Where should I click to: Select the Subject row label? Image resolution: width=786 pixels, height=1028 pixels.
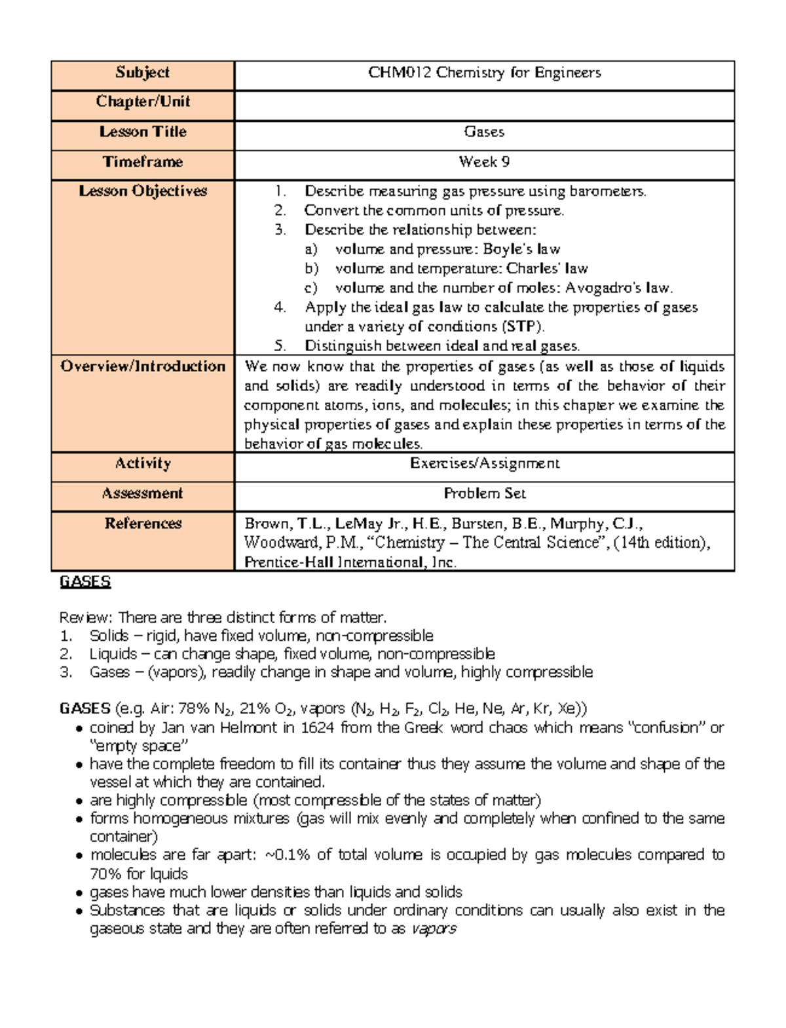coord(142,73)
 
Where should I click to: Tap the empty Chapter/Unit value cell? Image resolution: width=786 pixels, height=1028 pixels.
coord(484,105)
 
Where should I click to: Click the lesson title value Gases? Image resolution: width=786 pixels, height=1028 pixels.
coord(484,132)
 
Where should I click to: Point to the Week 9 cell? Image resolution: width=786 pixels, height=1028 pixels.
coord(484,162)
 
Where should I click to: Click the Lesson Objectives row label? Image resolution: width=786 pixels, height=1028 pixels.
coord(142,191)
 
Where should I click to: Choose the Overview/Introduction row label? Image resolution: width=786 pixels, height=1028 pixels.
coord(142,366)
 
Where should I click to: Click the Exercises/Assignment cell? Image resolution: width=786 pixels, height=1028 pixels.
coord(484,464)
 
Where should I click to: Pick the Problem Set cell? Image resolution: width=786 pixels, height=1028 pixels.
coord(484,493)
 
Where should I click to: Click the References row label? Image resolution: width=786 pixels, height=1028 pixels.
coord(142,524)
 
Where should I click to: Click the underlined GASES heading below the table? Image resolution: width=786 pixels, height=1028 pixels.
coord(84,582)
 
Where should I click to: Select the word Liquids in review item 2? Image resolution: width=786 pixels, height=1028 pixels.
coord(113,654)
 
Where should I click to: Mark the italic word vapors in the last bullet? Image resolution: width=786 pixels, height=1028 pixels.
coord(433,928)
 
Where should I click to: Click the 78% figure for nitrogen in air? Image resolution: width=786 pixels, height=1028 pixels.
coord(190,709)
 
